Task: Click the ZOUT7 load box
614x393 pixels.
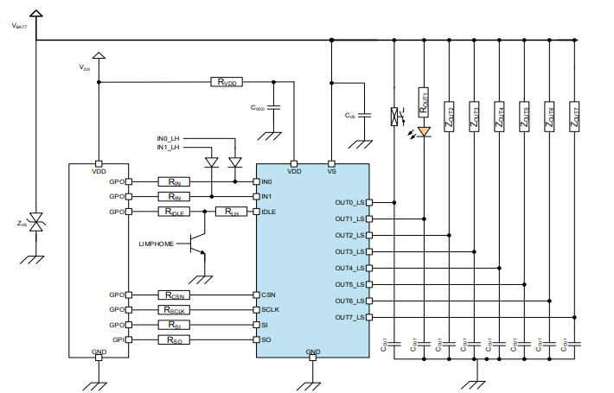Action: tap(575, 117)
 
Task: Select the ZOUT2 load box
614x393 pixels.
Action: tap(450, 117)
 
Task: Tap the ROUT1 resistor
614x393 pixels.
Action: tap(424, 102)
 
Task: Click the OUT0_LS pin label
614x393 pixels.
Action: tap(349, 202)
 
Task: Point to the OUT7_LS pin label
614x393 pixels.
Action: tap(349, 317)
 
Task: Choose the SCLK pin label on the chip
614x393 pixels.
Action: tap(271, 310)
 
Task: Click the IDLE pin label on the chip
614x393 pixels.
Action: tap(270, 212)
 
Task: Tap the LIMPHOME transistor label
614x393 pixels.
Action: tap(157, 244)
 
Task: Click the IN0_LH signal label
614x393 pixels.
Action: tap(168, 138)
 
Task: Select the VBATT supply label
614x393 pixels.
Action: tap(19, 27)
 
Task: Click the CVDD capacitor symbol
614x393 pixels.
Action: tap(273, 109)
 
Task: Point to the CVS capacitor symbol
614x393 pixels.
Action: tap(365, 114)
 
